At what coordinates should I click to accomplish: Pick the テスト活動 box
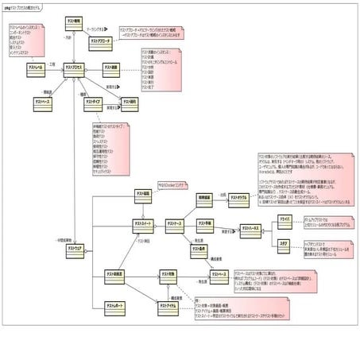[110, 69]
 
